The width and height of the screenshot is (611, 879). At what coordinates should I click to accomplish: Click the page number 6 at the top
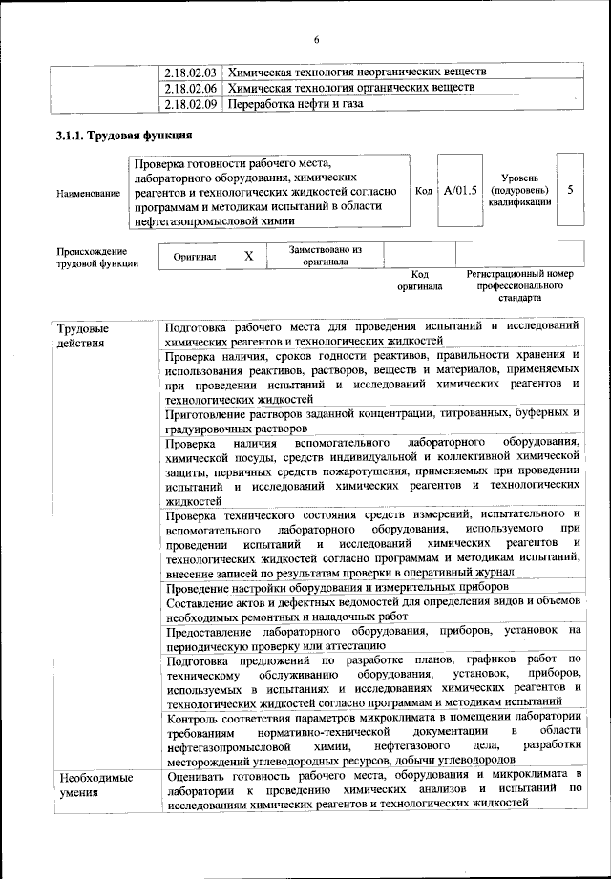coord(316,39)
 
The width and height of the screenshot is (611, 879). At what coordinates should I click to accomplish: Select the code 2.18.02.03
coord(190,72)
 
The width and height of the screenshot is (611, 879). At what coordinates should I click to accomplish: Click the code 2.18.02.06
coord(190,88)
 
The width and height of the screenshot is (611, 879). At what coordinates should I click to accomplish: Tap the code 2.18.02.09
coord(190,104)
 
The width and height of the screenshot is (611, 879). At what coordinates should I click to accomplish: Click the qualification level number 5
coord(570,190)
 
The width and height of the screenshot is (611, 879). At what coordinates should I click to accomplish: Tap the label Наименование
coord(88,194)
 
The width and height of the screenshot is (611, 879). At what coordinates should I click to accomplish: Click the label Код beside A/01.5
coord(424,191)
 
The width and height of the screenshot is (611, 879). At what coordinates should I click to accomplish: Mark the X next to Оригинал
coord(249,256)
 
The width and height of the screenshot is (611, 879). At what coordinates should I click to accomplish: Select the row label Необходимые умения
coord(92,785)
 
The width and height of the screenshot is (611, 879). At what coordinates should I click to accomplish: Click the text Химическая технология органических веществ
coord(349,88)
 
